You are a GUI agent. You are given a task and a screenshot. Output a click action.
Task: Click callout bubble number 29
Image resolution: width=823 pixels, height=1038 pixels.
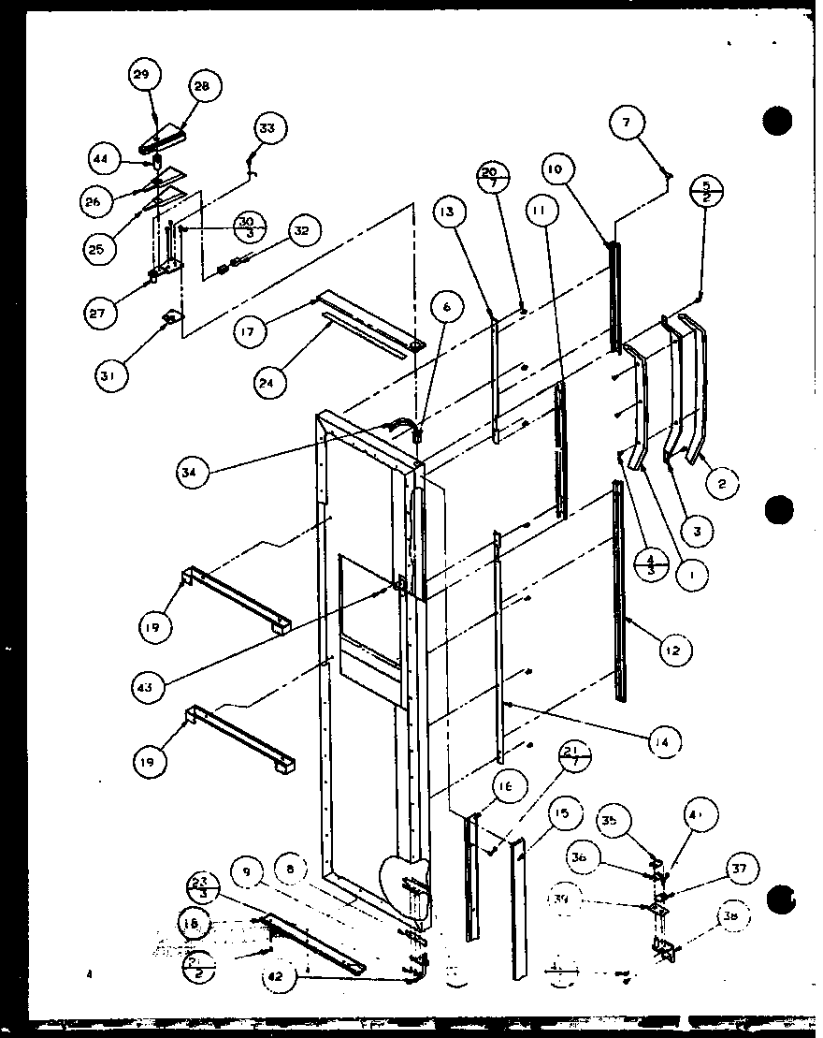[x=146, y=76]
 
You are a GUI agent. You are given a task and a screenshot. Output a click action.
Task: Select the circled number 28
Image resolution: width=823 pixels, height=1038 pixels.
[x=202, y=86]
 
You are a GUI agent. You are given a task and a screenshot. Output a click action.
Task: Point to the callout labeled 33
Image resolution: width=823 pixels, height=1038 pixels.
[x=267, y=128]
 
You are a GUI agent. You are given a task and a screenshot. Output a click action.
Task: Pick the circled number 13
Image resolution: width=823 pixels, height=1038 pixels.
[x=449, y=212]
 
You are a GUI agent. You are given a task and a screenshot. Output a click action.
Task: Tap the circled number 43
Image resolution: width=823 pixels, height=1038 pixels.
[x=150, y=687]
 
